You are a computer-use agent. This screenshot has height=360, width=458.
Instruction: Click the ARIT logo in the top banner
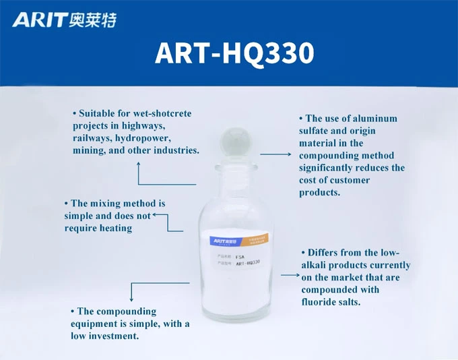click(x=39, y=20)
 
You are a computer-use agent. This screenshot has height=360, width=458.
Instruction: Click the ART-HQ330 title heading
click(x=234, y=53)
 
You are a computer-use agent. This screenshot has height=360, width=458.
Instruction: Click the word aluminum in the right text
click(x=373, y=119)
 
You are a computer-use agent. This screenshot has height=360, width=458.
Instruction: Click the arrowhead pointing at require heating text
click(x=155, y=216)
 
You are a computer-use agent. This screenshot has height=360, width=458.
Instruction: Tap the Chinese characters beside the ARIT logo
click(x=92, y=21)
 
